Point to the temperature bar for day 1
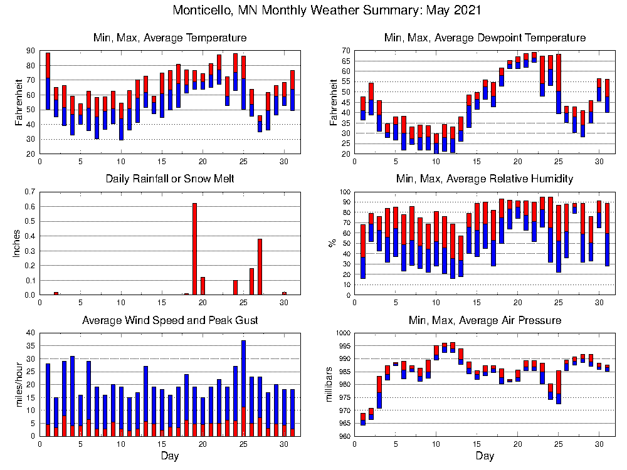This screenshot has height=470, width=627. click(48, 81)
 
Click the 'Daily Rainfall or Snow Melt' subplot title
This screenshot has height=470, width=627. click(170, 179)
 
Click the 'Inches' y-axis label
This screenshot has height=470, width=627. click(17, 243)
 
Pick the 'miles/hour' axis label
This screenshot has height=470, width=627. click(17, 385)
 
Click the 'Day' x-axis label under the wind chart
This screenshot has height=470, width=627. click(170, 456)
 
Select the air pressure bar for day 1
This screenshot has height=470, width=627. click(363, 419)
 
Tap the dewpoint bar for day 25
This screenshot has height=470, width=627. click(558, 84)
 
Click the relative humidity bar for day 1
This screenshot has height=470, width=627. click(363, 251)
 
